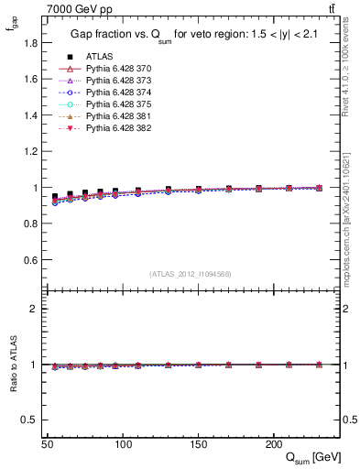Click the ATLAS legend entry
100,56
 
